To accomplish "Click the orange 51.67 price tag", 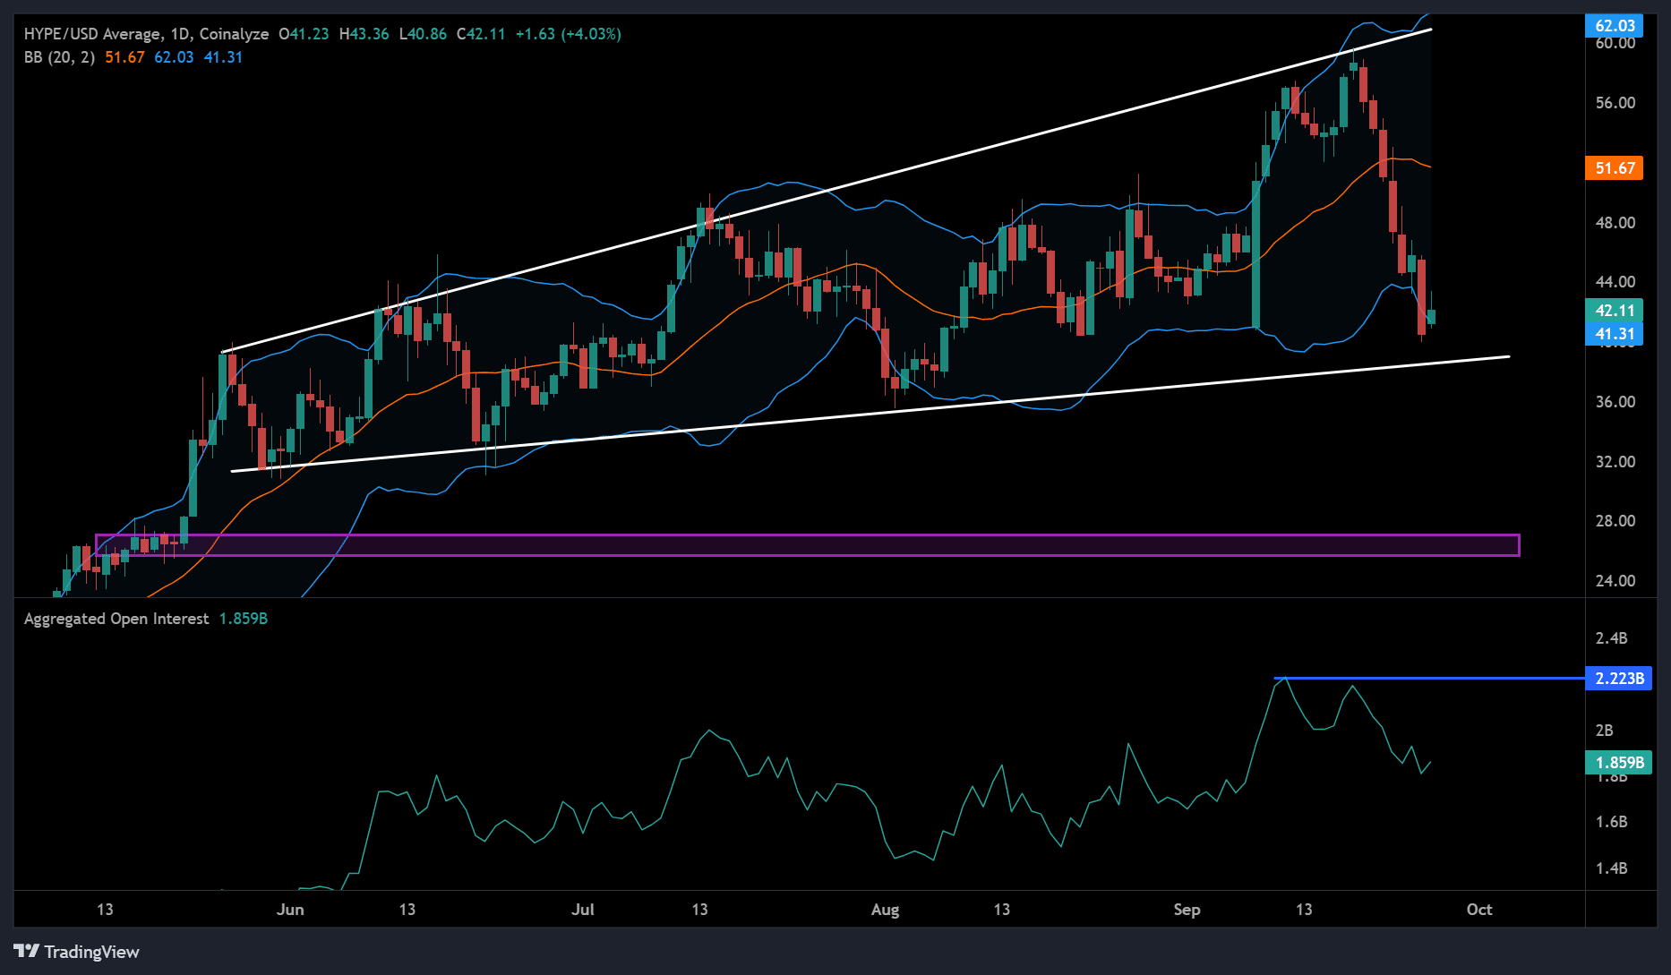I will [x=1615, y=168].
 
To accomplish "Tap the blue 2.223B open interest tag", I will [x=1619, y=678].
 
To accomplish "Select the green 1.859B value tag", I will [x=1619, y=762].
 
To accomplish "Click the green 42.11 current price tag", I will [x=1615, y=311].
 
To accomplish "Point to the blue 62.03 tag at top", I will [x=1615, y=26].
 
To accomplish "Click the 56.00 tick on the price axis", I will [x=1615, y=103].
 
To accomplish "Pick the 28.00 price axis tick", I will [x=1615, y=521].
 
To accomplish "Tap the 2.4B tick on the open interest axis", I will [x=1611, y=638].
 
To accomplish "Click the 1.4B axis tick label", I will [x=1611, y=868].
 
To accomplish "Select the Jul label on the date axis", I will [x=583, y=910].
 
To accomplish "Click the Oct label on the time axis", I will [x=1478, y=910].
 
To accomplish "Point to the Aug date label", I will [x=885, y=910].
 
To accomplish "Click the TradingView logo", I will [x=77, y=951].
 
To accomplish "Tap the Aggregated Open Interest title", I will [x=116, y=619].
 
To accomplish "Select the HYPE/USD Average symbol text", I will [x=93, y=34].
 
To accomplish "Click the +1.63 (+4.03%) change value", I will [x=568, y=34].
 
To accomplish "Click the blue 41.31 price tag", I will [x=1615, y=335].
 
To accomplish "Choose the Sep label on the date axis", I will [x=1187, y=910].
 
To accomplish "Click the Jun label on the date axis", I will [x=290, y=910].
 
